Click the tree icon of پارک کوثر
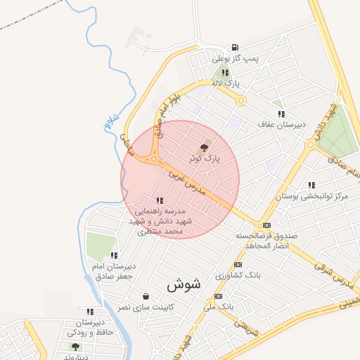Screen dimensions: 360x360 pyautogui.click(x=204, y=148)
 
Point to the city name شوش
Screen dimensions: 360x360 pyautogui.click(x=184, y=285)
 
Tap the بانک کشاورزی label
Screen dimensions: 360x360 pyautogui.click(x=238, y=275)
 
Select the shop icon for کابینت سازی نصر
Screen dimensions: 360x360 pyautogui.click(x=146, y=296)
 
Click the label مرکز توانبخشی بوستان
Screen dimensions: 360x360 pyautogui.click(x=313, y=195)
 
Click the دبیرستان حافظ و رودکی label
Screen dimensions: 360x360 pyautogui.click(x=89, y=326)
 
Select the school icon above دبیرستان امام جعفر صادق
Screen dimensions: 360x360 pyautogui.click(x=114, y=255)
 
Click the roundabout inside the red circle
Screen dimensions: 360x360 pyautogui.click(x=153, y=159)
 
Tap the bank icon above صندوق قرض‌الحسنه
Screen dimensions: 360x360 pyautogui.click(x=266, y=225)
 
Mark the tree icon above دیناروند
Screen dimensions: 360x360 pyautogui.click(x=75, y=347)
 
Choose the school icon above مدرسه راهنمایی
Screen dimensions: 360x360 pyautogui.click(x=160, y=200)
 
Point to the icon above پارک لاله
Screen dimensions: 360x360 pyautogui.click(x=224, y=72)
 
